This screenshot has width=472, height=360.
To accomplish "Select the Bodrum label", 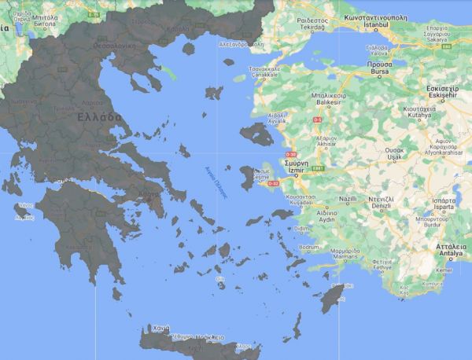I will pyautogui.click(x=310, y=246).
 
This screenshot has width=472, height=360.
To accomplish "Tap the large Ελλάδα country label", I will pyautogui.click(x=99, y=116).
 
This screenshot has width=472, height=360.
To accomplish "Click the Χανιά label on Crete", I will pyautogui.click(x=160, y=327).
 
